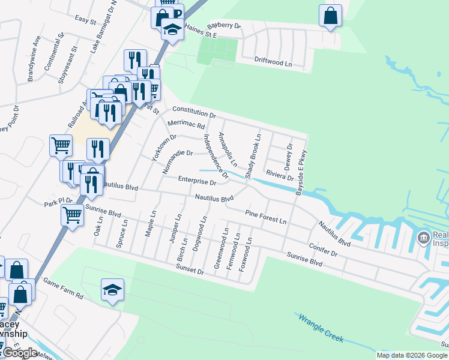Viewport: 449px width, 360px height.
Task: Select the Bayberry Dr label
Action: pyautogui.click(x=223, y=26)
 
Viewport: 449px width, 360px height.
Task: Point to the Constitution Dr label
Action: pyautogui.click(x=193, y=111)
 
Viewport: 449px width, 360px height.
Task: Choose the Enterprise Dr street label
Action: pyautogui.click(x=197, y=181)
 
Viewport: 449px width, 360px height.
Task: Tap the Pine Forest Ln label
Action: pyautogui.click(x=265, y=216)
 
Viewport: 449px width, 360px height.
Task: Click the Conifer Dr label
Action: pyautogui.click(x=324, y=249)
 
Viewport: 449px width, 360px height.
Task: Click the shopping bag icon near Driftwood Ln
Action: pyautogui.click(x=330, y=16)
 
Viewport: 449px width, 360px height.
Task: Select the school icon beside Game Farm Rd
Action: pyautogui.click(x=113, y=290)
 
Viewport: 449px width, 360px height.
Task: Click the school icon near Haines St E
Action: pyautogui.click(x=172, y=29)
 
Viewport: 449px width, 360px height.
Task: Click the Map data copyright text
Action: pyautogui.click(x=412, y=355)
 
